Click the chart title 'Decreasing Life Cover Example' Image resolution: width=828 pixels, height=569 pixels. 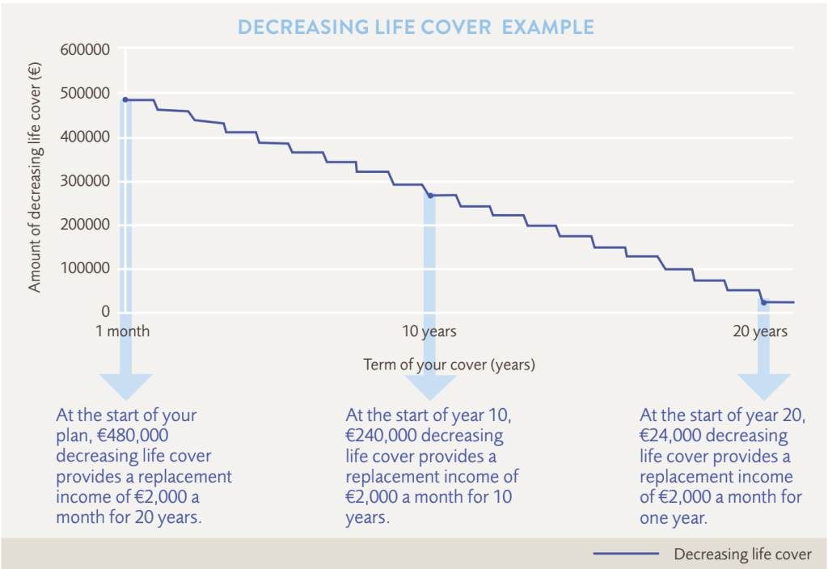416,27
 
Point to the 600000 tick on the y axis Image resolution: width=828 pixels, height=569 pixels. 85,49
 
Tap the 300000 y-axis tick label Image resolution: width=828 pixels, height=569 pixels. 85,181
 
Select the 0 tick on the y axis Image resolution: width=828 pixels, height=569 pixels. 106,312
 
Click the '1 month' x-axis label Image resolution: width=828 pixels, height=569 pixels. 123,331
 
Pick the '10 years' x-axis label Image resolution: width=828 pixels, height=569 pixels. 429,331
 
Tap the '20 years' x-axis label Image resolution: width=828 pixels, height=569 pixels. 760,331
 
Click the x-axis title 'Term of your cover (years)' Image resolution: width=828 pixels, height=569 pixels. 449,365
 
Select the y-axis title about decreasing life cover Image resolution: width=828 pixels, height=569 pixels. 34,177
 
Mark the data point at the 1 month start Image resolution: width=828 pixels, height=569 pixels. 125,99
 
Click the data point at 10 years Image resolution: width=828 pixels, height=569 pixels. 430,196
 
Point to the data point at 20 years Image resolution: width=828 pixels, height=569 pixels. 763,302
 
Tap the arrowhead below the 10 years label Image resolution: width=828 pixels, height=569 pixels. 430,387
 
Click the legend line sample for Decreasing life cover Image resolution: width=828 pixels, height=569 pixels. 627,554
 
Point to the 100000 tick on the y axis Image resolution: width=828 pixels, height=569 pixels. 85,268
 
